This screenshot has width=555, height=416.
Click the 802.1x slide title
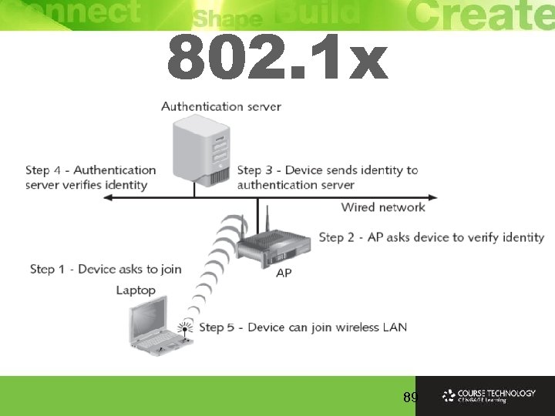[x=277, y=61]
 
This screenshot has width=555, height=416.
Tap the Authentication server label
[x=220, y=106]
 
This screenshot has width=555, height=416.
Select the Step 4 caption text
[x=90, y=177]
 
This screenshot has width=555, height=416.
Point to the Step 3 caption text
[x=328, y=177]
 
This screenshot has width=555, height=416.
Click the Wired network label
[x=383, y=206]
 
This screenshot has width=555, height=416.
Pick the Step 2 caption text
[x=431, y=237]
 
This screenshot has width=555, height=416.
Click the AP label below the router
[x=284, y=273]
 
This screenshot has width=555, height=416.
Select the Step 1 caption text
[x=106, y=269]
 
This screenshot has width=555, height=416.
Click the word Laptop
[x=136, y=290]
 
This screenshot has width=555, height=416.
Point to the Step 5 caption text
[x=302, y=327]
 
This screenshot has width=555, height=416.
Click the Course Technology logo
[x=489, y=396]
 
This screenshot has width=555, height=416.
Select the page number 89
[x=410, y=398]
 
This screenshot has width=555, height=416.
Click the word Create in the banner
[x=478, y=14]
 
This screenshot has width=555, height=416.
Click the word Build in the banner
[x=316, y=13]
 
